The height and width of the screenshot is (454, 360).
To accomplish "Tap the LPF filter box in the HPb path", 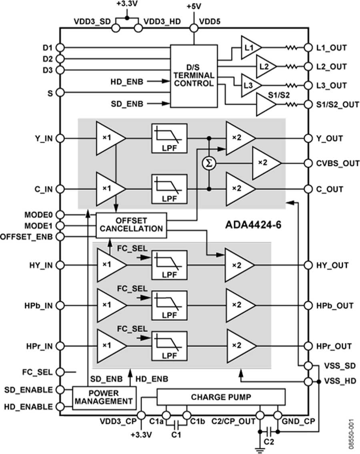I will pos(169,305).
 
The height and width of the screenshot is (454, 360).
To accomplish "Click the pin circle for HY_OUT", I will pos(308,265).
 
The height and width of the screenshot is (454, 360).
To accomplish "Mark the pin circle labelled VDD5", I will pos(194,28).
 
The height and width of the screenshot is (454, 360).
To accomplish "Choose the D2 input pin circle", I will pos(60,59).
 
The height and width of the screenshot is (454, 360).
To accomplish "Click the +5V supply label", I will pos(194,7).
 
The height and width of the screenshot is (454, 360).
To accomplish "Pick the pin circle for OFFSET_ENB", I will pos(60,236).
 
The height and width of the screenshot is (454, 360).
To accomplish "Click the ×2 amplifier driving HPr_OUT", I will pos(240,346).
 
